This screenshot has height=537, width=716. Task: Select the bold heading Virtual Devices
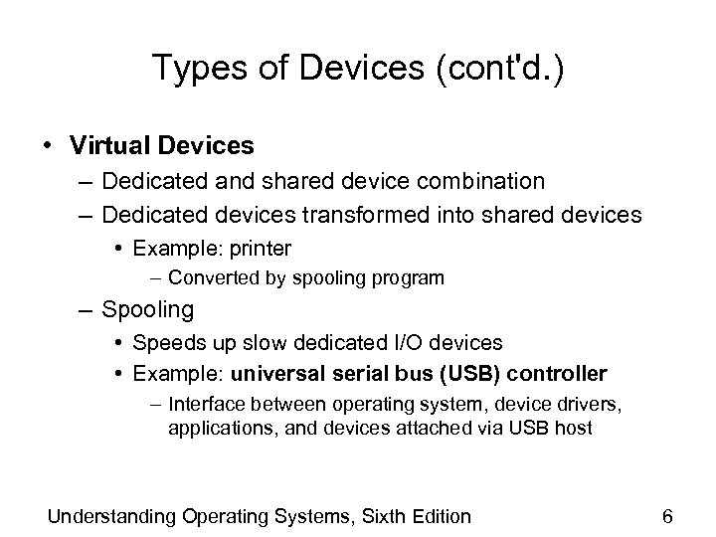click(x=162, y=145)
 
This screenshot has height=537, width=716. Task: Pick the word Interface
click(x=206, y=405)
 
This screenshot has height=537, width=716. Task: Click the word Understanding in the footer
click(x=112, y=516)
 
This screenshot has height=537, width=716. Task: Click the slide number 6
click(x=667, y=516)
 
